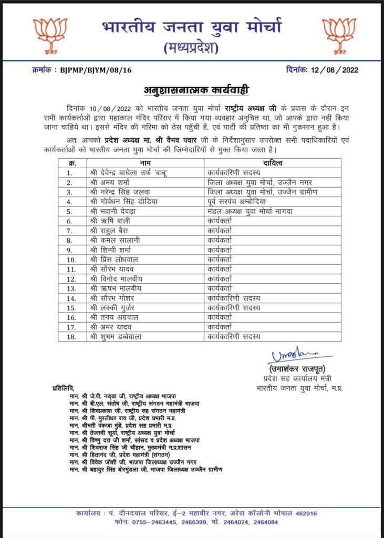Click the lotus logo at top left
(x=46, y=33)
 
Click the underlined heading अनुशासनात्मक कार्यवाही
(x=192, y=88)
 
